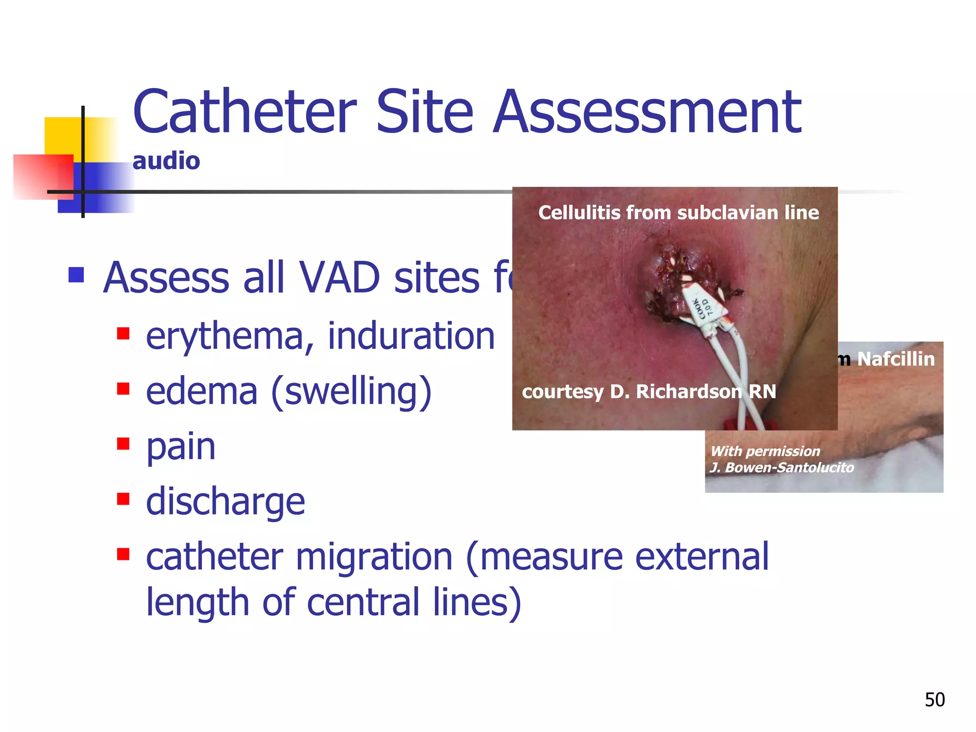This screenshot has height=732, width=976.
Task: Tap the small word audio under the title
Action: [x=166, y=161]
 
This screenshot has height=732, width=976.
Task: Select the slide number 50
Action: [x=935, y=700]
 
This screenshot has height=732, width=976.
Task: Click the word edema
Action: [x=201, y=392]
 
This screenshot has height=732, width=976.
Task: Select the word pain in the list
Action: [x=181, y=447]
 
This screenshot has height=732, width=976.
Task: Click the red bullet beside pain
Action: [x=123, y=444]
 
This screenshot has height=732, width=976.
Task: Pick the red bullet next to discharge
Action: [x=123, y=499]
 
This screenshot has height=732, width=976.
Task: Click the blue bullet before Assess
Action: [x=76, y=275]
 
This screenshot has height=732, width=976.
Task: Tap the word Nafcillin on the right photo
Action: [x=895, y=359]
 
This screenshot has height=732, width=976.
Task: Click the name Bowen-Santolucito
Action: [x=789, y=468]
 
